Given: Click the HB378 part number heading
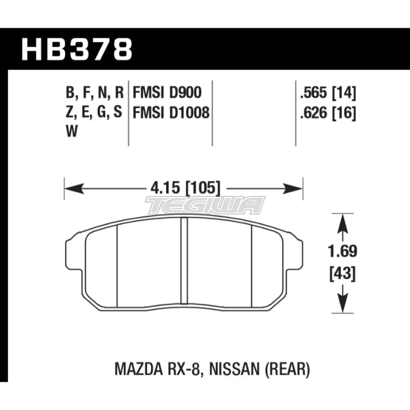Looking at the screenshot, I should pos(77,49).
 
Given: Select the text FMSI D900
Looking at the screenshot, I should pos(167,93).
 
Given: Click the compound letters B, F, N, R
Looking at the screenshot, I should pos(94,93).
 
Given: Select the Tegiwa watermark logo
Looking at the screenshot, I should pos(205,205).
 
